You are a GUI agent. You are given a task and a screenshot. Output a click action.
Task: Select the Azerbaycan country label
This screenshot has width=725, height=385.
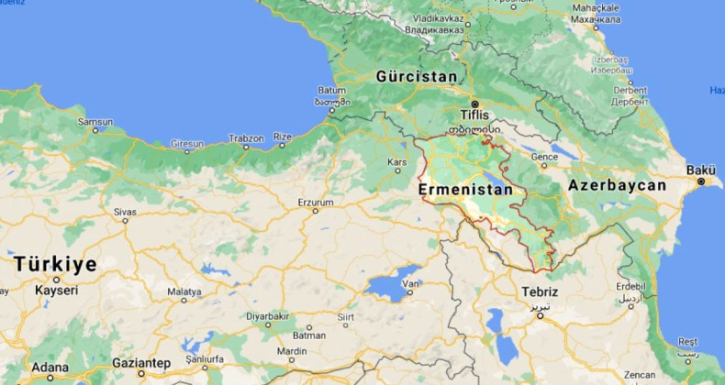tap(618, 185)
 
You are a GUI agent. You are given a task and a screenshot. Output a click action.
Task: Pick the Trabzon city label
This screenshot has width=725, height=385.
tap(246, 138)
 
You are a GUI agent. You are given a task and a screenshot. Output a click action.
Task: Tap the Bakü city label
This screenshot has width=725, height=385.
tap(701, 170)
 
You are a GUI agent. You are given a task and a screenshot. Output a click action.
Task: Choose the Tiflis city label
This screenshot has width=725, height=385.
tap(475, 115)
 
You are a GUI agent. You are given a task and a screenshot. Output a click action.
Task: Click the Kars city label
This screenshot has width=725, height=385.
tap(397, 162)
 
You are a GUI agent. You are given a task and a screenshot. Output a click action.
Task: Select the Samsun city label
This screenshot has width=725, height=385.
tap(95, 121)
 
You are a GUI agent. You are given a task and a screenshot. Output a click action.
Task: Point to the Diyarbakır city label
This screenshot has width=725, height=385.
tap(267, 315)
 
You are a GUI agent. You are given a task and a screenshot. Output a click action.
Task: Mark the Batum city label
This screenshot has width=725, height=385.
tap(330, 91)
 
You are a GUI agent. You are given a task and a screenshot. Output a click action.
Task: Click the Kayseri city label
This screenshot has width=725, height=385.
tap(56, 290)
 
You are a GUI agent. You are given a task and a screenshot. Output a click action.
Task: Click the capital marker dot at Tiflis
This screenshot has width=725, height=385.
tap(475, 103)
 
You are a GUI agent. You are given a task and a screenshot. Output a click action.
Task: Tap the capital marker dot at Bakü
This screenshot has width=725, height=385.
tap(702, 181)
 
